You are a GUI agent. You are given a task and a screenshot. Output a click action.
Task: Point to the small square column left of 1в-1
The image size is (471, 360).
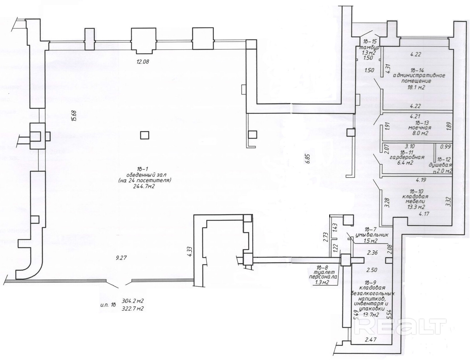pyautogui.click(x=144, y=135)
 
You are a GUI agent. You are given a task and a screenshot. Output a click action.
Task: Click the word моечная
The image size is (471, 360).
pyautogui.click(x=419, y=128)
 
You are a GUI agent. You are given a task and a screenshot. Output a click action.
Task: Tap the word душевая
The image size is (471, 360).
pyautogui.click(x=440, y=165)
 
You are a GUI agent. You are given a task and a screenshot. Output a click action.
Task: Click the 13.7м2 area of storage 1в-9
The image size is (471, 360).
pyautogui.click(x=371, y=315)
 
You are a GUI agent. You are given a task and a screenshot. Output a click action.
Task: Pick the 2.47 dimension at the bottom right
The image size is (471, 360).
pyautogui.click(x=370, y=340)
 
